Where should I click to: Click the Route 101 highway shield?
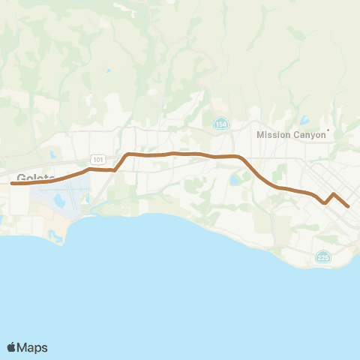pyautogui.click(x=98, y=159)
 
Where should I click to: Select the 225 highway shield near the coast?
pyautogui.click(x=323, y=257)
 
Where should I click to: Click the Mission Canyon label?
pyautogui.click(x=291, y=135)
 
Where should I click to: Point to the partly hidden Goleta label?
pyautogui.click(x=31, y=178)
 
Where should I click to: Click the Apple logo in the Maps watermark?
pyautogui.click(x=11, y=347)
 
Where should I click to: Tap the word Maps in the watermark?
pyautogui.click(x=32, y=347)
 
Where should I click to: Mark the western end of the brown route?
pyautogui.click(x=12, y=183)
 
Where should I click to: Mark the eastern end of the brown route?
pyautogui.click(x=348, y=205)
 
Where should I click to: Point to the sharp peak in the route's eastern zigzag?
pyautogui.click(x=333, y=194)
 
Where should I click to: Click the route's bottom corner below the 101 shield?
pyautogui.click(x=115, y=170)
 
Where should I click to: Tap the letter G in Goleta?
pyautogui.click(x=21, y=178)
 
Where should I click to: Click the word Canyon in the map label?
pyautogui.click(x=310, y=135)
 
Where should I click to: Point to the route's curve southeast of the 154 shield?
pyautogui.click(x=249, y=165)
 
